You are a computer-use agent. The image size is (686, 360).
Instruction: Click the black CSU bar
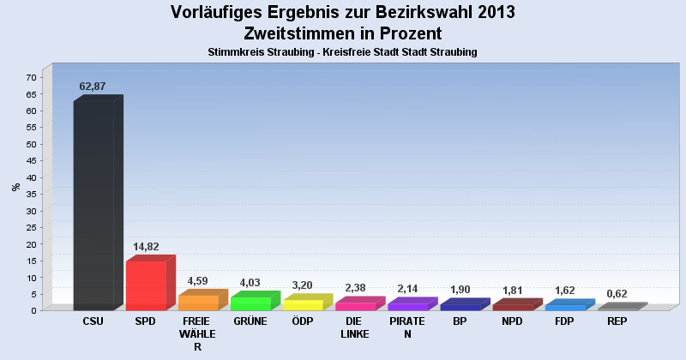pos(93,206)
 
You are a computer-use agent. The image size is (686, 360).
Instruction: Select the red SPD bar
pos(146,285)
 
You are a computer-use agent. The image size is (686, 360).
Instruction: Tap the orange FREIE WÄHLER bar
pos(198,303)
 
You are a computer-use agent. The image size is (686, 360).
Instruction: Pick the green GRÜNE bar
pos(250,303)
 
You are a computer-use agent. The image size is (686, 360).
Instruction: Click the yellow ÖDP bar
pos(303,305)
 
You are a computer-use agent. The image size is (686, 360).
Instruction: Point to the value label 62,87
pos(93,87)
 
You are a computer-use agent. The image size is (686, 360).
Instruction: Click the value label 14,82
pos(146,246)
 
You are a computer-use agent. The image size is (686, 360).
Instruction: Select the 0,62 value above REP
pos(617,294)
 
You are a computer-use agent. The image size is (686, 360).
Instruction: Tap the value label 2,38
pos(355,288)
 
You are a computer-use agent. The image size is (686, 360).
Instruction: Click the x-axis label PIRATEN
pos(407,327)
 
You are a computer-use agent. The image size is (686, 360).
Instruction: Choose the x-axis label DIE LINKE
pos(355,327)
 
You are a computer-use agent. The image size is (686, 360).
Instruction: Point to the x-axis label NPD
pos(512,321)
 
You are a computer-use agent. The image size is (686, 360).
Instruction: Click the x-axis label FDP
pos(564,321)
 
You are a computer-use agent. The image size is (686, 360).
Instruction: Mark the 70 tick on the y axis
pos(31,78)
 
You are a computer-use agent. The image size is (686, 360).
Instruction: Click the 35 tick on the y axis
pos(31,195)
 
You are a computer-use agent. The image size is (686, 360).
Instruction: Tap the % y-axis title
pos(15,186)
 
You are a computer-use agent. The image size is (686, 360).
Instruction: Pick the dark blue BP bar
pos(460,306)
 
